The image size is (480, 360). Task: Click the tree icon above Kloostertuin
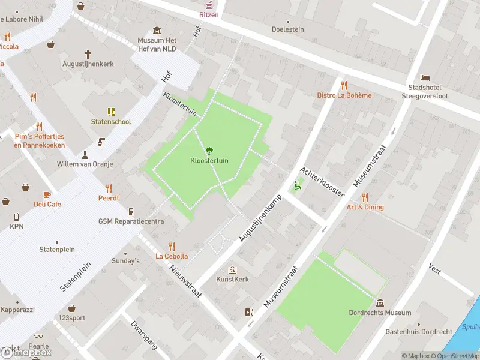(x=209, y=151)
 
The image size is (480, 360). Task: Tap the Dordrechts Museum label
(x=380, y=313)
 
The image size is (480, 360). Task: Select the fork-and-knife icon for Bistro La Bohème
(x=344, y=85)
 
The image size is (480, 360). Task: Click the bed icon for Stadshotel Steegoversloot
(x=425, y=77)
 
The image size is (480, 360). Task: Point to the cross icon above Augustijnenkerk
(x=88, y=53)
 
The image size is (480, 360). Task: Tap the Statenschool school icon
(x=111, y=112)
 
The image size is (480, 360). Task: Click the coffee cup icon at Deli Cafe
(x=47, y=194)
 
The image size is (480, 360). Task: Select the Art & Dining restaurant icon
(x=365, y=197)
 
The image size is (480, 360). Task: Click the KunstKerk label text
(x=232, y=280)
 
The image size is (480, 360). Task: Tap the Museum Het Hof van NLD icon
(x=157, y=31)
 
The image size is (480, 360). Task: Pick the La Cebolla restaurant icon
(x=172, y=246)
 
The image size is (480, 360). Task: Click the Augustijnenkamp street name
(x=260, y=214)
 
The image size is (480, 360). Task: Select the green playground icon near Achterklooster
(x=296, y=186)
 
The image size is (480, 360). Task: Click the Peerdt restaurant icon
(x=109, y=188)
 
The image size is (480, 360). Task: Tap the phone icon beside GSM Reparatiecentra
(x=131, y=211)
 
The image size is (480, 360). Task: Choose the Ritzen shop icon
(x=209, y=4)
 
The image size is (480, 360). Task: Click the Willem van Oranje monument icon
(x=84, y=154)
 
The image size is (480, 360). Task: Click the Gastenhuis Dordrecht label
(x=418, y=332)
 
